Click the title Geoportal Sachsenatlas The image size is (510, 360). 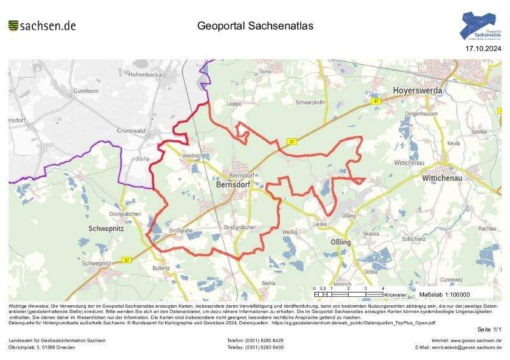tap(255, 26)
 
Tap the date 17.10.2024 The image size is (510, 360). tap(483, 48)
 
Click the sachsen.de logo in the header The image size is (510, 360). tap(42, 25)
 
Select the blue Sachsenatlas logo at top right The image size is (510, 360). tap(481, 26)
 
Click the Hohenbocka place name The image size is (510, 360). tap(146, 75)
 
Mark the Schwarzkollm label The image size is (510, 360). tap(311, 102)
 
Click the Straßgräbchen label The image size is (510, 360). tap(240, 227)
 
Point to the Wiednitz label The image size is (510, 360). tap(192, 155)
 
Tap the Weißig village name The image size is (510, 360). tap(289, 232)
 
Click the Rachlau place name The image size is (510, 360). tap(487, 228)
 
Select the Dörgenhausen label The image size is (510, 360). tap(421, 113)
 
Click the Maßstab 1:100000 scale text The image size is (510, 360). tap(444, 295)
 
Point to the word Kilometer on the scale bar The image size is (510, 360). tap(396, 295)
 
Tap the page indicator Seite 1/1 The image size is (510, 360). tap(489, 329)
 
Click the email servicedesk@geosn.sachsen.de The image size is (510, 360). tap(458, 347)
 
